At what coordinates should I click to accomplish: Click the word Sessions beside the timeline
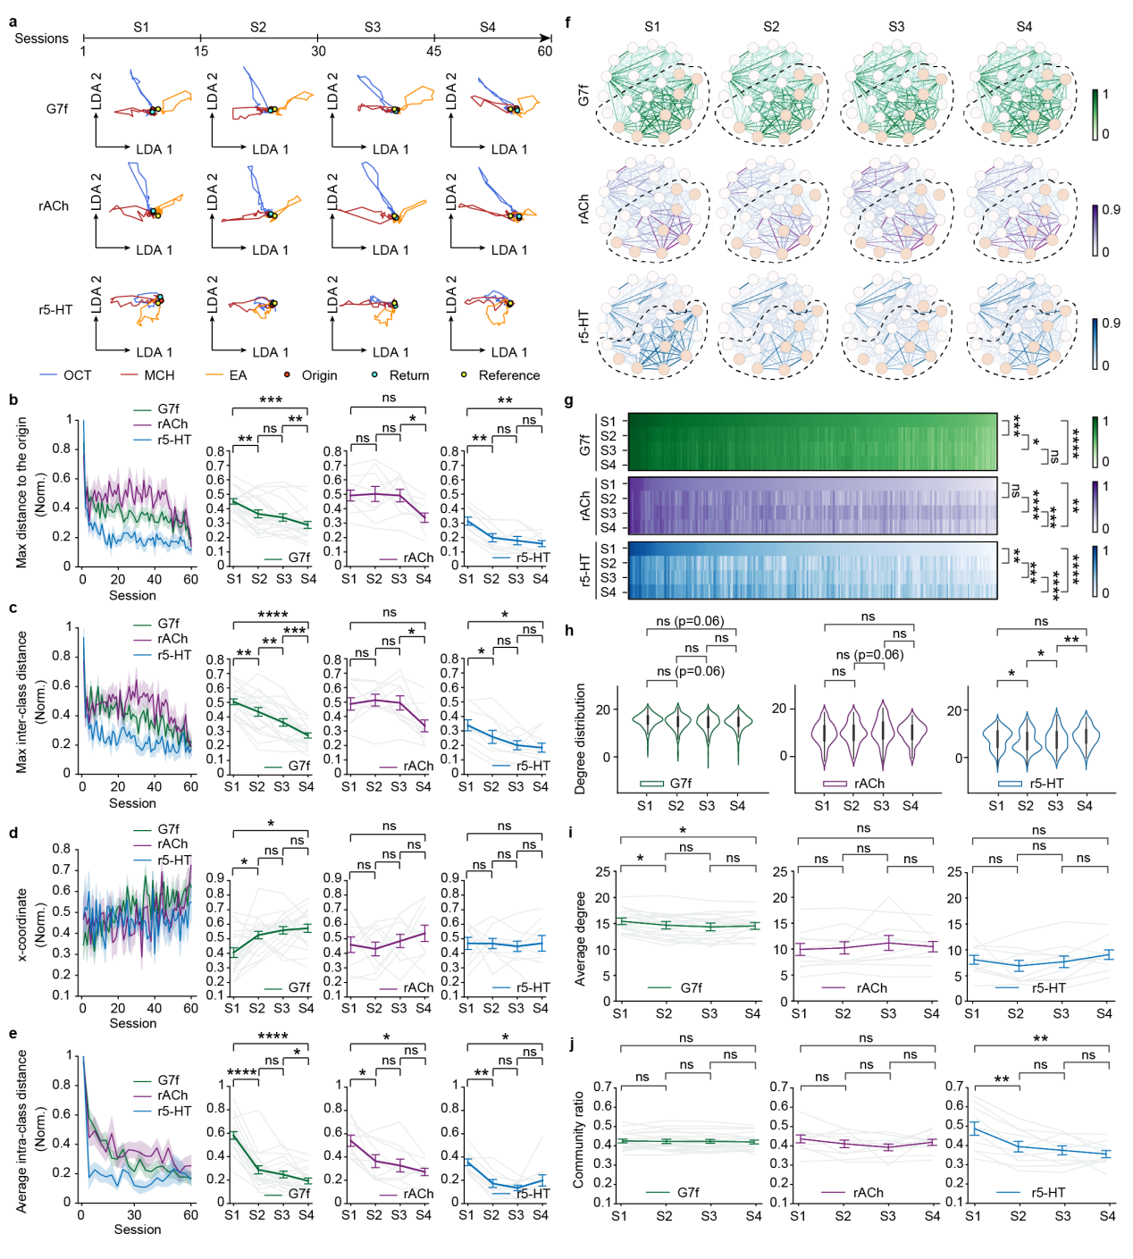coord(41,38)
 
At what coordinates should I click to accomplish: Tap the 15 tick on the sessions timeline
coord(201,51)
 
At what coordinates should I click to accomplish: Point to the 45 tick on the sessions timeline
coord(434,51)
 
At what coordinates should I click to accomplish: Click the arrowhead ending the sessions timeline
coord(546,38)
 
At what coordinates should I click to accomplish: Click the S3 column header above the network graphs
coord(896,27)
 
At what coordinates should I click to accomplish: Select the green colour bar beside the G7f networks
coord(1095,114)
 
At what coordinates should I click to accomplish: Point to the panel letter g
coord(569,401)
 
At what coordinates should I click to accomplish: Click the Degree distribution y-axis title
coord(580,738)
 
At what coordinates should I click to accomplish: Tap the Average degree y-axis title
coord(580,938)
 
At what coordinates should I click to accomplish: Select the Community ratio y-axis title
coord(578,1139)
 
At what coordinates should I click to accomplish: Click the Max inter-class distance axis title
coord(22,702)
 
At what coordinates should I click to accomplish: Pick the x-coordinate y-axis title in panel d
coord(22,924)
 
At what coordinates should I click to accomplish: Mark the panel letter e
coord(13,1034)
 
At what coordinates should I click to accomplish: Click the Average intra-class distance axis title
coord(22,1130)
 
